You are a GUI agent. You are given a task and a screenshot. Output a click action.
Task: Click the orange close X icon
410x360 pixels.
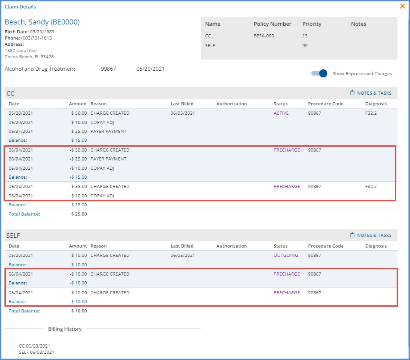402,6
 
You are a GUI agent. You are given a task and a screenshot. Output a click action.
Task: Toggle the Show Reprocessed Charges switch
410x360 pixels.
319,73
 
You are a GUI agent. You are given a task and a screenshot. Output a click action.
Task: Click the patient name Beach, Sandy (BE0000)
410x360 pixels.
42,22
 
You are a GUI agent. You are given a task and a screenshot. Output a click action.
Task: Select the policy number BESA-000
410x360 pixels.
264,36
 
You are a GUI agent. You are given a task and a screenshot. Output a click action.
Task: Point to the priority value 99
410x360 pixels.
305,45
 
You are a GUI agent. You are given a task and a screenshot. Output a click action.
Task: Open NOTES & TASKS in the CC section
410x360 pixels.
371,93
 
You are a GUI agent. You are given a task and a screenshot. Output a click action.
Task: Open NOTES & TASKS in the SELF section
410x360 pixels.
371,235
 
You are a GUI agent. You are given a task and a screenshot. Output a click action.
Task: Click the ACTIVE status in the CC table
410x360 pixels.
281,113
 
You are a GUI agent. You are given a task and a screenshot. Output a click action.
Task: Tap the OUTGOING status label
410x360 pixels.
286,255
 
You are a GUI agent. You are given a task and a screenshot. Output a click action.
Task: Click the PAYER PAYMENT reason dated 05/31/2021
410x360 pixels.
109,132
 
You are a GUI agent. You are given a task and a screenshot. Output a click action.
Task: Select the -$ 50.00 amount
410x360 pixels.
78,150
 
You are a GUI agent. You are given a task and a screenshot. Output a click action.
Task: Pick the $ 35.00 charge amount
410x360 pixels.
79,187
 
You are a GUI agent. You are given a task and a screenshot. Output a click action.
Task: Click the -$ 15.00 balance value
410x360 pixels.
78,177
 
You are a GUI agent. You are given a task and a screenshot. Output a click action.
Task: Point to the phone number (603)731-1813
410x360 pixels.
36,38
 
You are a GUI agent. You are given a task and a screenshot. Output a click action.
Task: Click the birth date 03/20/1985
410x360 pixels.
42,32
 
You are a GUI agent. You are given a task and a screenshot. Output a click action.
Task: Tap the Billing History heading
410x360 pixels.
65,329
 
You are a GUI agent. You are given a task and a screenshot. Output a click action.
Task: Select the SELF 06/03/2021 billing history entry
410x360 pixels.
36,352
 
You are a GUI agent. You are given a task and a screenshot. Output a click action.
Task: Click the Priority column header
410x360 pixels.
312,24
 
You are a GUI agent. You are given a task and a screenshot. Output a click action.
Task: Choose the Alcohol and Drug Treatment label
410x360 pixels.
40,69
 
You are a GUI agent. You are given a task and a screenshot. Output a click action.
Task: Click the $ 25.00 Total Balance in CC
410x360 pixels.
79,214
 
